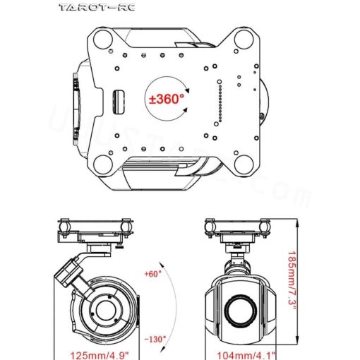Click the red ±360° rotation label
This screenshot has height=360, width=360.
coord(167,100)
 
